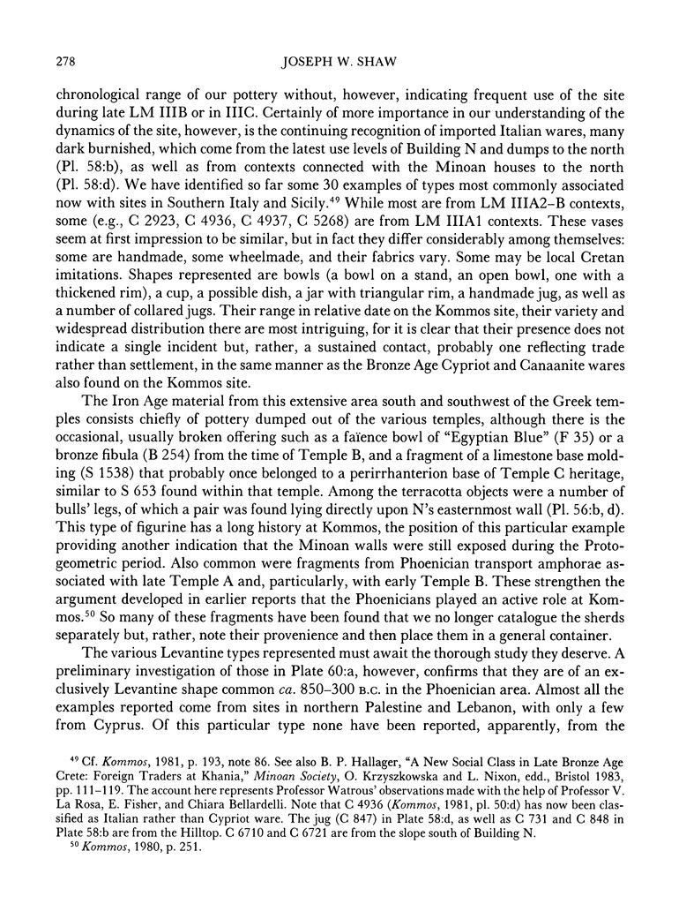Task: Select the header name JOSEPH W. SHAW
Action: [x=339, y=60]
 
